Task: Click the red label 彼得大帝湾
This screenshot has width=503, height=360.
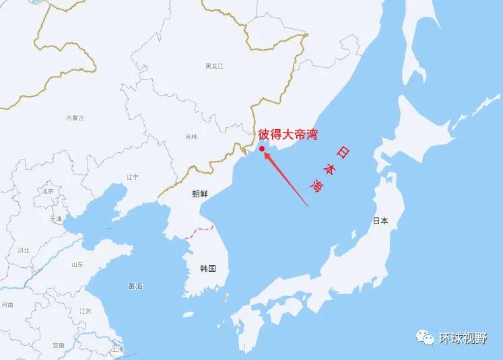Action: click(288, 135)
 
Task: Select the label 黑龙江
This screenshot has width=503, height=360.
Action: click(214, 66)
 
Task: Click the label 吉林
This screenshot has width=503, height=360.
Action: click(191, 137)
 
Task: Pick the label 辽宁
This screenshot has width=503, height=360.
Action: click(133, 176)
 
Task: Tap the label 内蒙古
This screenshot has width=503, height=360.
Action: click(75, 118)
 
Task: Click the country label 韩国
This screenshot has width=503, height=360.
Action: click(208, 268)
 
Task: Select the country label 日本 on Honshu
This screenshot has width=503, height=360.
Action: click(380, 221)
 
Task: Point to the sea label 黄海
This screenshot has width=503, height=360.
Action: click(135, 287)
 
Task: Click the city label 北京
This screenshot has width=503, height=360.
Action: click(47, 191)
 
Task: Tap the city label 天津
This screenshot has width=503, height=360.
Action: click(55, 219)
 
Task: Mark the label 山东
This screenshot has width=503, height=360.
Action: click(77, 264)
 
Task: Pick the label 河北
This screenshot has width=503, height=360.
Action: click(24, 250)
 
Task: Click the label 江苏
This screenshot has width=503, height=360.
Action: click(86, 311)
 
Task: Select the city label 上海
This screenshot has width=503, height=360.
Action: click(118, 349)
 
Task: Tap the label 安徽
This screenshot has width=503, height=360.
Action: click(59, 345)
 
